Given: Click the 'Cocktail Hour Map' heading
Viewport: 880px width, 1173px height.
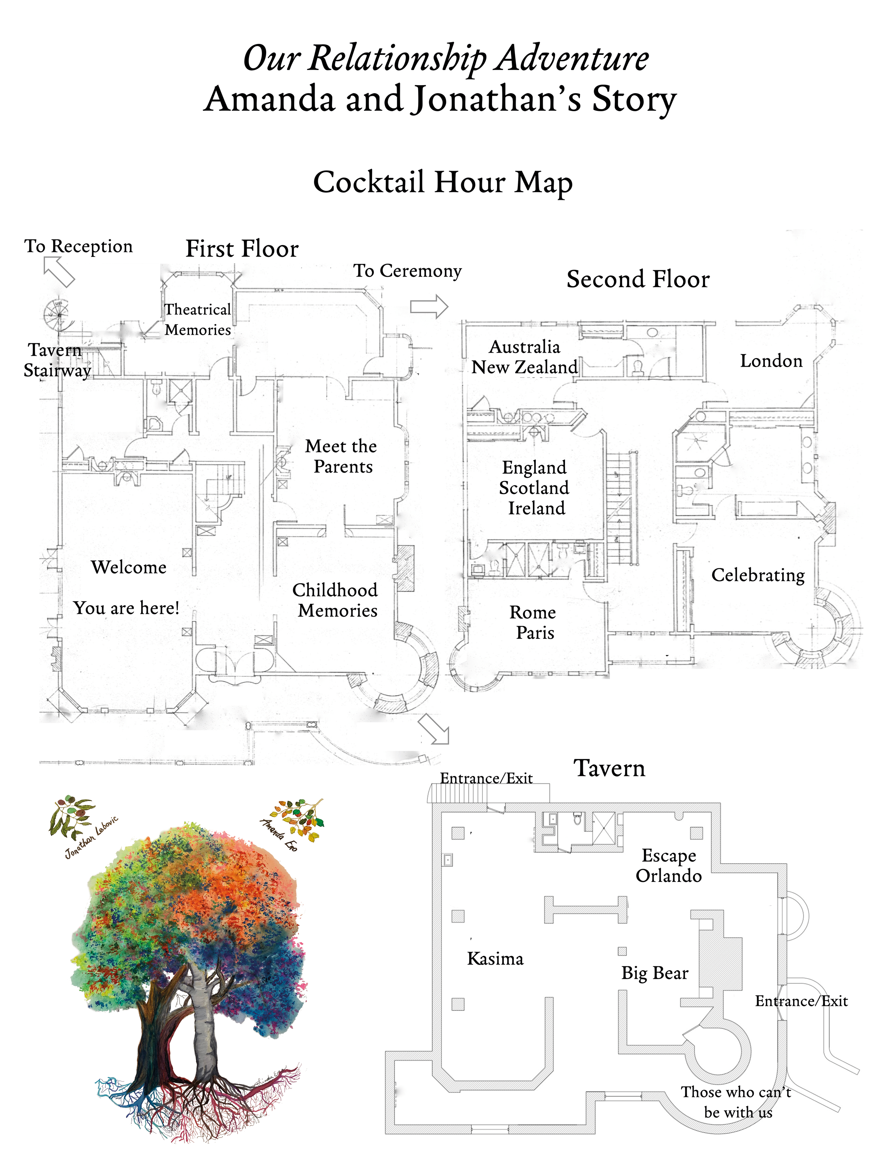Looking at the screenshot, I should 442,182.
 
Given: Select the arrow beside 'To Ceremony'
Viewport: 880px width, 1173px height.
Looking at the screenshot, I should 429,307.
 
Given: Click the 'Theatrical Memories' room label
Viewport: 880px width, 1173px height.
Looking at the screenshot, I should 197,319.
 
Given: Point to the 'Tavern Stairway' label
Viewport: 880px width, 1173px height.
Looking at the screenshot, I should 56,360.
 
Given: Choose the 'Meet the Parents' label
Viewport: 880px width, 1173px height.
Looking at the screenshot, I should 341,456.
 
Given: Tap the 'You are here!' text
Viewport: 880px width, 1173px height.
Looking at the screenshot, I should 126,608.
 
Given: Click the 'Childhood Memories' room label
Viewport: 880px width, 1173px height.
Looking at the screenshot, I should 336,600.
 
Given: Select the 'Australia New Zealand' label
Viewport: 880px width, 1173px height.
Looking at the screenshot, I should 524,357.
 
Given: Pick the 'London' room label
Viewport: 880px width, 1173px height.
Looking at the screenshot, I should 771,361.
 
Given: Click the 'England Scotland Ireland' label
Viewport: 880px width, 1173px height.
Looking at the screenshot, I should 534,487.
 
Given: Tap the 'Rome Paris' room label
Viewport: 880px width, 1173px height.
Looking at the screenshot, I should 533,622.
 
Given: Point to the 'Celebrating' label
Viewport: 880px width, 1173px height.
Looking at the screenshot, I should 758,575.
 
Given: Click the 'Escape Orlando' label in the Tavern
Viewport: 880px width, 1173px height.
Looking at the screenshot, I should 668,865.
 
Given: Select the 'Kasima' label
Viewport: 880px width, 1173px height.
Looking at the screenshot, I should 495,959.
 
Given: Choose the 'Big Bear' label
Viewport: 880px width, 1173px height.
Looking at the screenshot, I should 655,973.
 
